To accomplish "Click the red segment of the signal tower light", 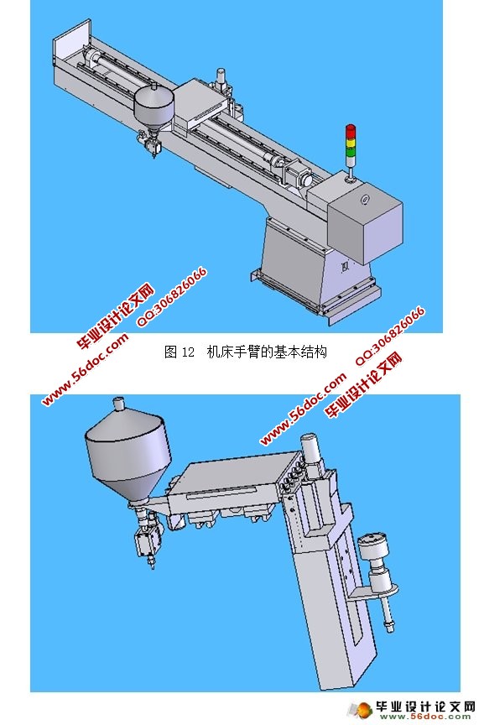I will pos(351,131).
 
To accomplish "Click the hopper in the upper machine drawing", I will pos(153,104).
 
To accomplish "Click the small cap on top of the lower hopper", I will pos(118,404).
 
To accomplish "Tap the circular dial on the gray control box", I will pos(365,200).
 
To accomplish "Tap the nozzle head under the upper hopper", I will pos(153,146).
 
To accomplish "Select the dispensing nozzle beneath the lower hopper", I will pos(143,545).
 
